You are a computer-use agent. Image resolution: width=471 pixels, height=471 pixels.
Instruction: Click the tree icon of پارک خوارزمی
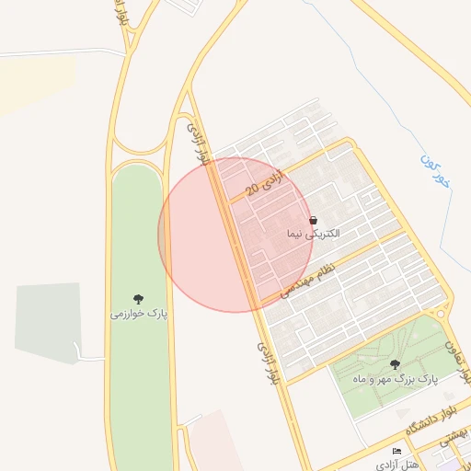pyautogui.click(x=138, y=299)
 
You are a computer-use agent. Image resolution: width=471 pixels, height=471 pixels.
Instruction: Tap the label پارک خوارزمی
pyautogui.click(x=138, y=315)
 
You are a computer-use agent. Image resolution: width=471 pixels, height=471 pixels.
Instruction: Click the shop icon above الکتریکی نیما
pyautogui.click(x=314, y=222)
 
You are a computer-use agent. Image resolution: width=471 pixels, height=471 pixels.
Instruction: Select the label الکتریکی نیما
pyautogui.click(x=313, y=235)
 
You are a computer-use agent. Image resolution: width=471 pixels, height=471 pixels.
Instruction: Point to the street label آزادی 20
pyautogui.click(x=266, y=182)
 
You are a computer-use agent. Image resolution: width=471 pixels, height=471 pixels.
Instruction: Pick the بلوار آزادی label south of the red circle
pyautogui.click(x=267, y=362)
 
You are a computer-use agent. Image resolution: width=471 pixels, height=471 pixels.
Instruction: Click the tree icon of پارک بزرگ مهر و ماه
pyautogui.click(x=395, y=365)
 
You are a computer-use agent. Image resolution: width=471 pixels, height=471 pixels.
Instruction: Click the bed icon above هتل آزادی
pyautogui.click(x=396, y=451)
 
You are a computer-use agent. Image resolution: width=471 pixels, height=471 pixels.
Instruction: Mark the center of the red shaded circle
pyautogui.click(x=235, y=235)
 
